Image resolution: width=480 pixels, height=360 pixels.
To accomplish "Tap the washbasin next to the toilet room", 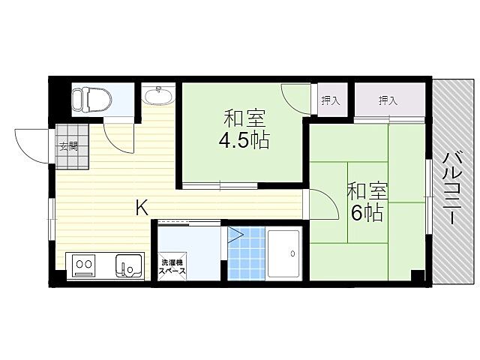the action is point(158,96).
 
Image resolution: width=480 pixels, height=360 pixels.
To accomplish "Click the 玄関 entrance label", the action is point(68,147).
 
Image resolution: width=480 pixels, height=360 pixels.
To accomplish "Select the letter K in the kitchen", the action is point(142,207).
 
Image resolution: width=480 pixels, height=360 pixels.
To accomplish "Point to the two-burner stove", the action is point(84,265).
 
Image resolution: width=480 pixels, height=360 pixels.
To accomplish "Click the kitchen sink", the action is point(129,266).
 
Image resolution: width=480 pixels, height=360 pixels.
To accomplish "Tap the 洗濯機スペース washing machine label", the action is point(172,267).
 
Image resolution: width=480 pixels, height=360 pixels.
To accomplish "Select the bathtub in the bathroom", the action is point(283,254).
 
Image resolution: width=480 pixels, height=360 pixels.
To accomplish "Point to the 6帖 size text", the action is point(367,213).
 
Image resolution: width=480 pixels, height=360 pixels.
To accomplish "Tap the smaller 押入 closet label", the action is point(331,100).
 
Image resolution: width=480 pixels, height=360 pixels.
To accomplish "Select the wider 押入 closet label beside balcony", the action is point(388,100).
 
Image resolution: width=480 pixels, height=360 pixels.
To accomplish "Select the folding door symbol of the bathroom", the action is point(235,235).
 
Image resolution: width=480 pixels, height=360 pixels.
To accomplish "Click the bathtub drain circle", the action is point(293,253).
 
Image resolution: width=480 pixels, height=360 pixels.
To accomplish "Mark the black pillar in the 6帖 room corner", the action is point(418,275).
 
